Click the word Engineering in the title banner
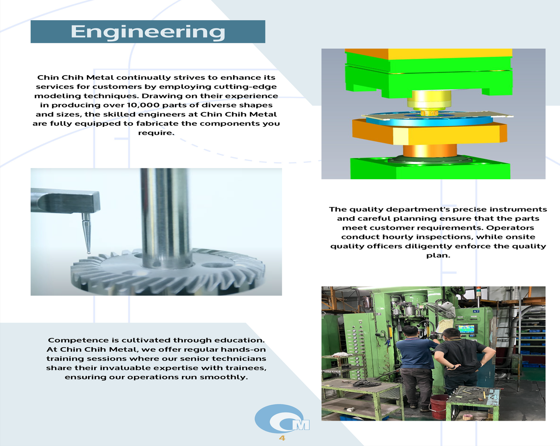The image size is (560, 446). (148, 32)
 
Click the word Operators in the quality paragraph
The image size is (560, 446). (510, 228)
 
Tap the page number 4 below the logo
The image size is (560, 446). (282, 438)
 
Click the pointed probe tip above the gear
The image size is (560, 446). (89, 252)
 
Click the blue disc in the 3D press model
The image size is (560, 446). (429, 120)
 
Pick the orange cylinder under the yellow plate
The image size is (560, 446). (430, 151)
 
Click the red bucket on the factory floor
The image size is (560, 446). (439, 407)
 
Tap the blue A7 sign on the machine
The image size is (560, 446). (476, 311)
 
